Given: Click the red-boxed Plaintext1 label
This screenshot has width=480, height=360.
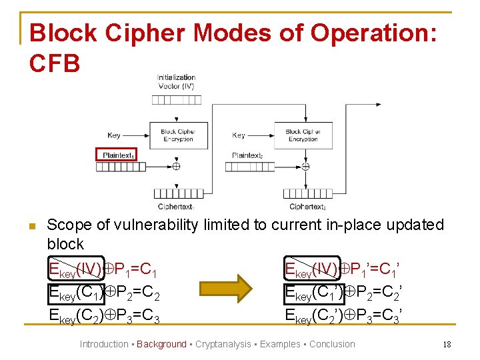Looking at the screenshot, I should coord(117,155).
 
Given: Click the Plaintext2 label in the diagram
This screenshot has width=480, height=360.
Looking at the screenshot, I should coord(247,155).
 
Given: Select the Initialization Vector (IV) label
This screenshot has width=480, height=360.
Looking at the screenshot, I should coord(176,81).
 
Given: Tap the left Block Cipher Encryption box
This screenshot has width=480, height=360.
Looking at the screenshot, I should coord(177,135).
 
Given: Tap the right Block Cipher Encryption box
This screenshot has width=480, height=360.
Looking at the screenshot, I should coord(303,135).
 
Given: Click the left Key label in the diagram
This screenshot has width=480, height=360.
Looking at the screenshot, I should coord(114,135).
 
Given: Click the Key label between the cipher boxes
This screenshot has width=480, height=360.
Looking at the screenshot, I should coord(239,135).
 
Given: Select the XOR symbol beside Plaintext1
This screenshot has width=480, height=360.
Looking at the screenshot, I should coord(177,166).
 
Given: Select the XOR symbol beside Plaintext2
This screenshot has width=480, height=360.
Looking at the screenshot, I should coord(305,166).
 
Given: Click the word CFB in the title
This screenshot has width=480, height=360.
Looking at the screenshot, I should coord(55,63).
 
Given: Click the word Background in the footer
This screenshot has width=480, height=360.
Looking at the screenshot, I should coord(161,344).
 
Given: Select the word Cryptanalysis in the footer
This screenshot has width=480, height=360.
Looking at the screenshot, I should coord(223,344).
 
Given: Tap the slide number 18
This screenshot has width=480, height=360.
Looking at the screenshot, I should coord(447,344).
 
